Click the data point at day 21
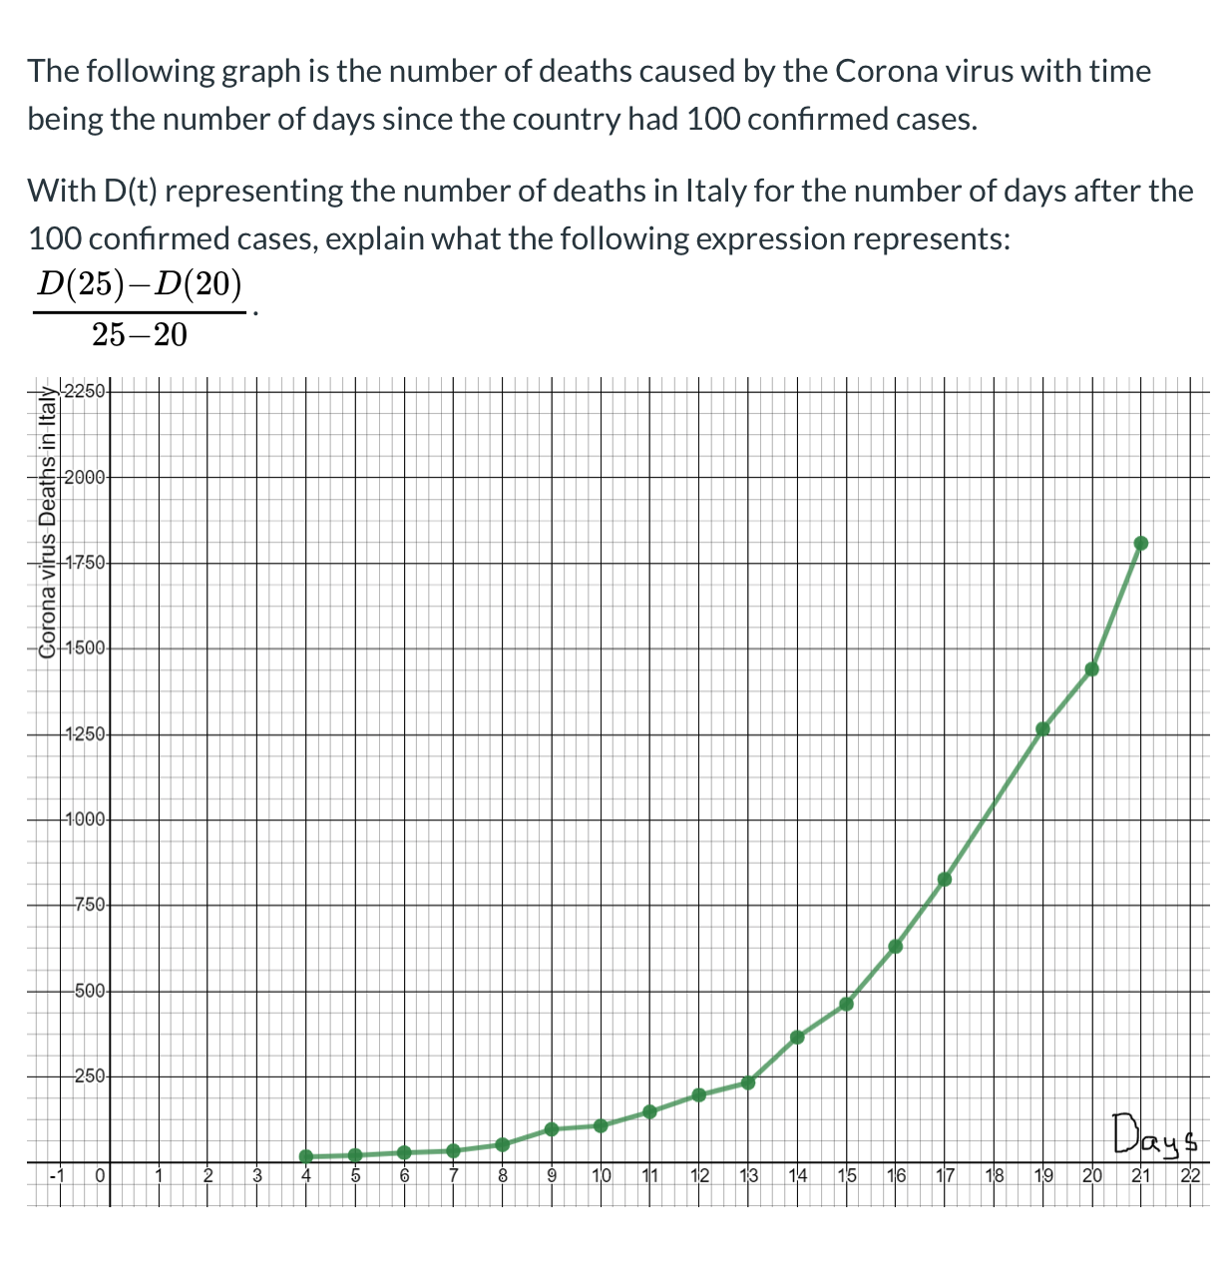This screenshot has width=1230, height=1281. click(1141, 544)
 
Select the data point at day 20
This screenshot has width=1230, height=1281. click(1092, 669)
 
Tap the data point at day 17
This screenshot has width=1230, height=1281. click(945, 879)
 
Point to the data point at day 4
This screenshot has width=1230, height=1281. click(306, 1156)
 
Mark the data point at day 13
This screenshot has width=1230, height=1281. click(748, 1082)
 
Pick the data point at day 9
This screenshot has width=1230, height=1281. click(552, 1129)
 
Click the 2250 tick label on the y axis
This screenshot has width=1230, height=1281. click(84, 390)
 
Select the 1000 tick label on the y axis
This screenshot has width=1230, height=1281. click(84, 820)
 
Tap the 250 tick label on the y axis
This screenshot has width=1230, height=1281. click(89, 1076)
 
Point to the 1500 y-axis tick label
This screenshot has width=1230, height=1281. click(84, 648)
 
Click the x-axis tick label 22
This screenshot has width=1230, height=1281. click(1190, 1175)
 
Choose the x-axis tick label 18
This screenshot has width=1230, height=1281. click(995, 1175)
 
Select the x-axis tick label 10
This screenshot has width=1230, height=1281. click(602, 1175)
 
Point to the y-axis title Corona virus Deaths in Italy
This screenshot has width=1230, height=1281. click(45, 523)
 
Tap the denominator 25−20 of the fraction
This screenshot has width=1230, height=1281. click(140, 335)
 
